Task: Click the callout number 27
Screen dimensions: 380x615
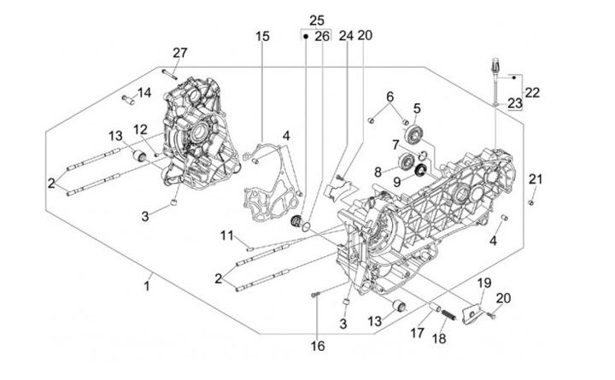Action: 179,53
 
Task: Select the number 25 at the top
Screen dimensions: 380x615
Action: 317,20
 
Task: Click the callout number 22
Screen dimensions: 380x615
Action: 532,92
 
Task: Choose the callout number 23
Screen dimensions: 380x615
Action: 515,103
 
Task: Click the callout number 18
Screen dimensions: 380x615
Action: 441,339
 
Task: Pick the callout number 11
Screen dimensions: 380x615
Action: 225,235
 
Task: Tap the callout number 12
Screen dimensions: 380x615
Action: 141,129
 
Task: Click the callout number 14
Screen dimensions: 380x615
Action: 145,92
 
